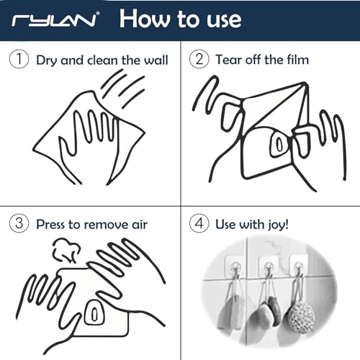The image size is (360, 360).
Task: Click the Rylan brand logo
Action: coord(55,20)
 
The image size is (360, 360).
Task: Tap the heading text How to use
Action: coord(181,19)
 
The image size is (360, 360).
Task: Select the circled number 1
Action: coord(19,59)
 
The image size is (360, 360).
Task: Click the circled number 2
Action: coord(199,59)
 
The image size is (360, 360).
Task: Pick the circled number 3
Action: coord(19,223)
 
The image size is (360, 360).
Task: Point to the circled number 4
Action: coord(199,223)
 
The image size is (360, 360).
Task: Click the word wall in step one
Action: coord(156,60)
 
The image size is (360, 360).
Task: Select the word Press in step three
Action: coord(51,225)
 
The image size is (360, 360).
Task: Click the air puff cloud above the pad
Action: coord(66,251)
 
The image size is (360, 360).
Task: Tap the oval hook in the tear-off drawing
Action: coord(279,144)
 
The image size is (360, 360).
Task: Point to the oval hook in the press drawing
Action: coord(94,312)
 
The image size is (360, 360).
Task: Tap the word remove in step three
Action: coord(105,225)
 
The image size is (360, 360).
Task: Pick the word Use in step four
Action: coord(225,225)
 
